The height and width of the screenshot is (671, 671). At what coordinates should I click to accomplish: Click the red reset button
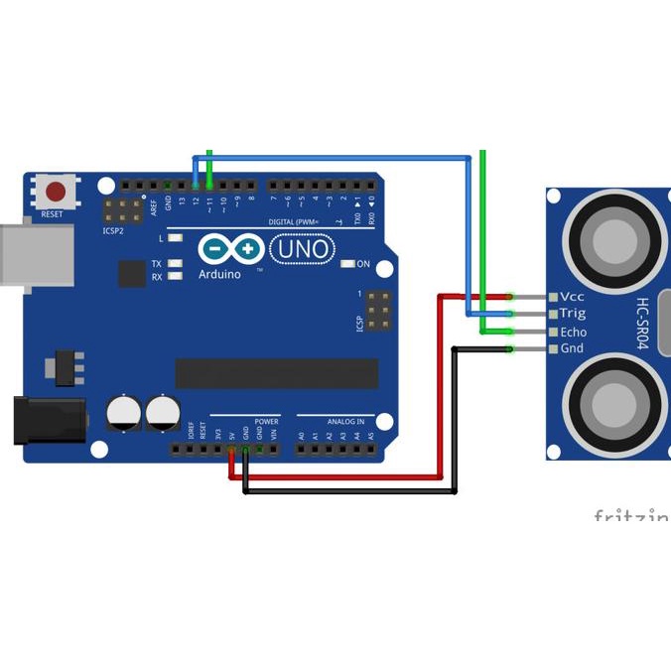56,191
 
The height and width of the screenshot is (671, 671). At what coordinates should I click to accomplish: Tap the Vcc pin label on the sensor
573,297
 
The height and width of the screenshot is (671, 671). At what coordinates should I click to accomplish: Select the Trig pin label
573,314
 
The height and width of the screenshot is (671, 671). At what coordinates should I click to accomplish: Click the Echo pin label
574,332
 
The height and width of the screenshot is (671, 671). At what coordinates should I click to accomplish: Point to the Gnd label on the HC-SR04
572,349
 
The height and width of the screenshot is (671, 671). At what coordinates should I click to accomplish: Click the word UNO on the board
302,247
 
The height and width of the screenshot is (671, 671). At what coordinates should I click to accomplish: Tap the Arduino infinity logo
231,247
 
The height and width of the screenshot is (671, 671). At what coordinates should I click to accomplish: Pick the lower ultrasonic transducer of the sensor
614,405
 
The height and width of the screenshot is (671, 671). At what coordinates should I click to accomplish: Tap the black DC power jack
40,419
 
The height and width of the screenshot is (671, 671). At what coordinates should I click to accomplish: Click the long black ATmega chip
277,373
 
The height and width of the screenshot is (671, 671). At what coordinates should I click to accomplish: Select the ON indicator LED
347,264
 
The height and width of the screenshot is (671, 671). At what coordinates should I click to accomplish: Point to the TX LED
175,264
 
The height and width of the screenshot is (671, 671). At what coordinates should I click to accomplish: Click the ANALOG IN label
336,421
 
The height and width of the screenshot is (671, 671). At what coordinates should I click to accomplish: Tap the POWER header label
267,421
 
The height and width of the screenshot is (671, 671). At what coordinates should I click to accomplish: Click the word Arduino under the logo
220,274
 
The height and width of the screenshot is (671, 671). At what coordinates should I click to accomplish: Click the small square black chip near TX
132,273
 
